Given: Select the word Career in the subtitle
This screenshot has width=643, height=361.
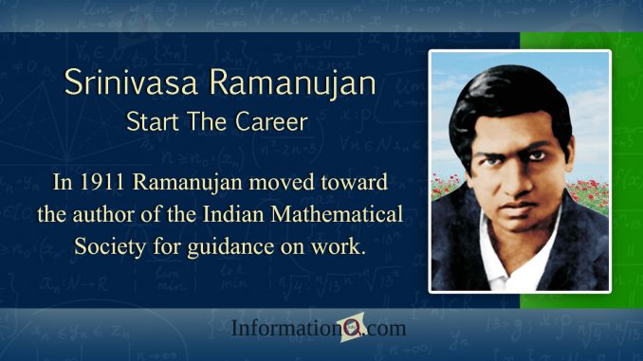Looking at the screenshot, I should (278, 124).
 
